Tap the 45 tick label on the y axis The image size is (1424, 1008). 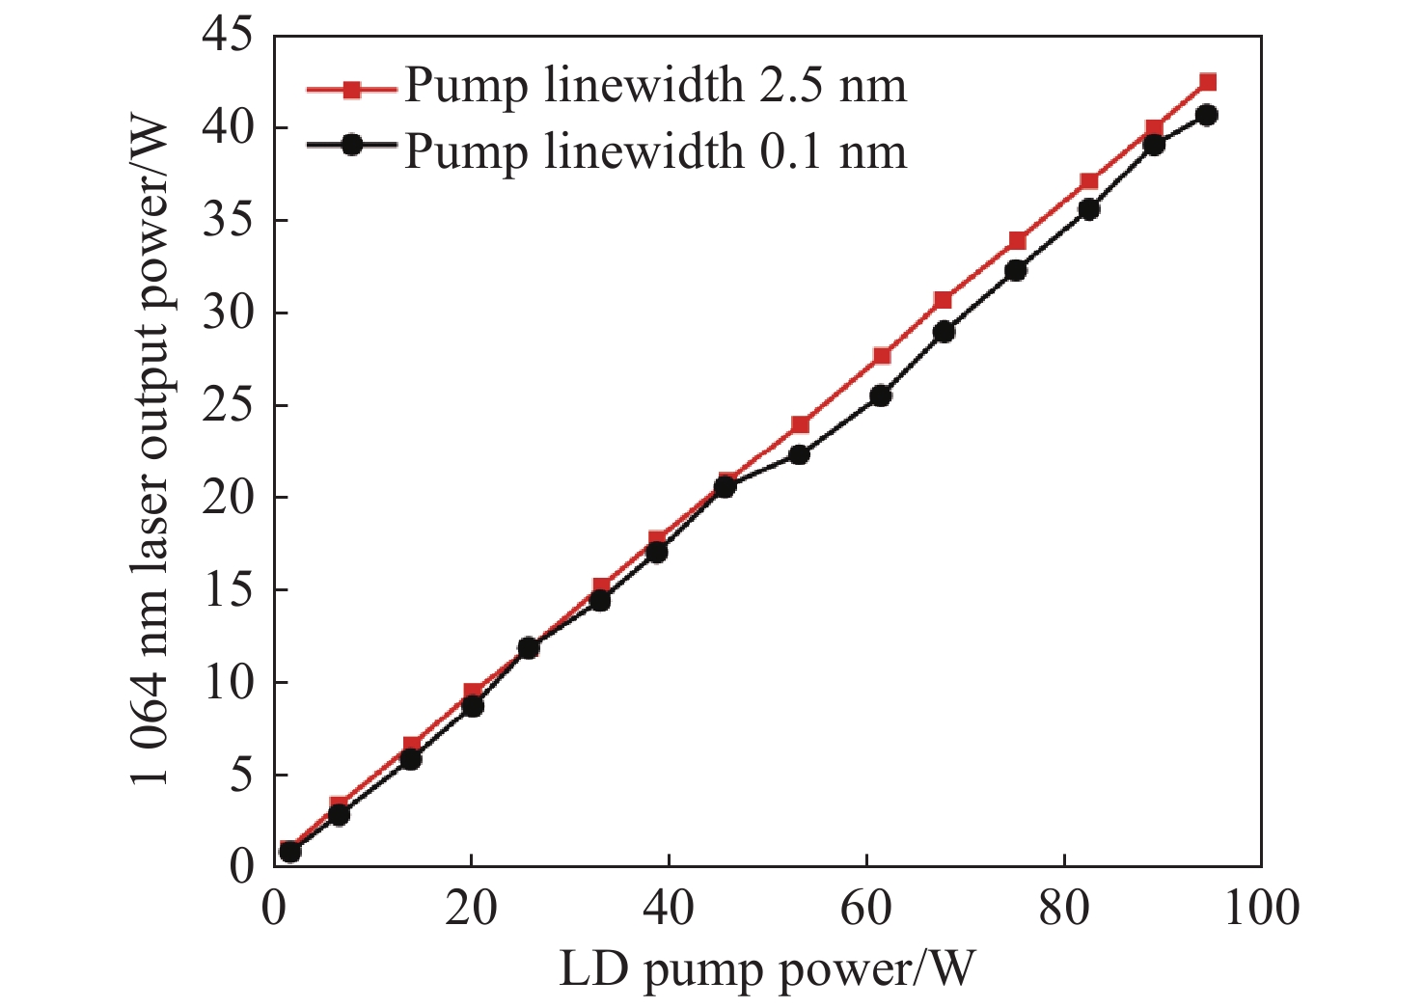(x=228, y=37)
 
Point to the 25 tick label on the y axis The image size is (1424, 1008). (x=228, y=405)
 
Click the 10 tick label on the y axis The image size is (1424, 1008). (x=228, y=683)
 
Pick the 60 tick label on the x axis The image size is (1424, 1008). (x=866, y=909)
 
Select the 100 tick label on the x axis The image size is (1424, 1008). (x=1261, y=909)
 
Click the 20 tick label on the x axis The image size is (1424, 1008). (x=471, y=909)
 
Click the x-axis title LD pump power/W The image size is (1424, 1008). (x=767, y=969)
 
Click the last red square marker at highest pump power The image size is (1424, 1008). (x=1207, y=82)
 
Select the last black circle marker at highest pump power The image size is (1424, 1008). (x=1206, y=115)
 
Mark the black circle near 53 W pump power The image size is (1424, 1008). (x=799, y=454)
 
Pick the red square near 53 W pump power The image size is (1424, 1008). (x=800, y=424)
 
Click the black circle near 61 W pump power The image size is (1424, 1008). (x=880, y=395)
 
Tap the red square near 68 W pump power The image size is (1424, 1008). (x=944, y=300)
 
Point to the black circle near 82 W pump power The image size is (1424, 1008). (x=1088, y=209)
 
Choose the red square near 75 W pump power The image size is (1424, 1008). (x=1017, y=240)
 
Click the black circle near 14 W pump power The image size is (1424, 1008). (x=410, y=759)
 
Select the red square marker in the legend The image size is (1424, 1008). (x=352, y=90)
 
